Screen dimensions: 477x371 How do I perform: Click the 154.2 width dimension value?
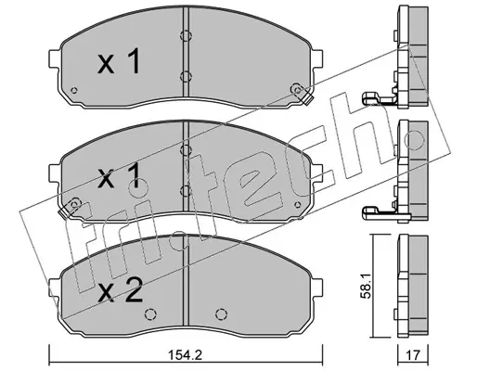pos(186,355)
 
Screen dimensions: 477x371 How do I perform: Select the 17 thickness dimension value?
pos(413,355)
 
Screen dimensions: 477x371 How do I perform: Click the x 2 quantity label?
pos(120,289)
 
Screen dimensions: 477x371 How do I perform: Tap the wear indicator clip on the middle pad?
pos(70,208)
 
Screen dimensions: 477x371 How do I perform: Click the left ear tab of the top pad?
pos(54,58)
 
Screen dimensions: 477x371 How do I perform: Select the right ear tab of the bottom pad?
pos(318,288)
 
